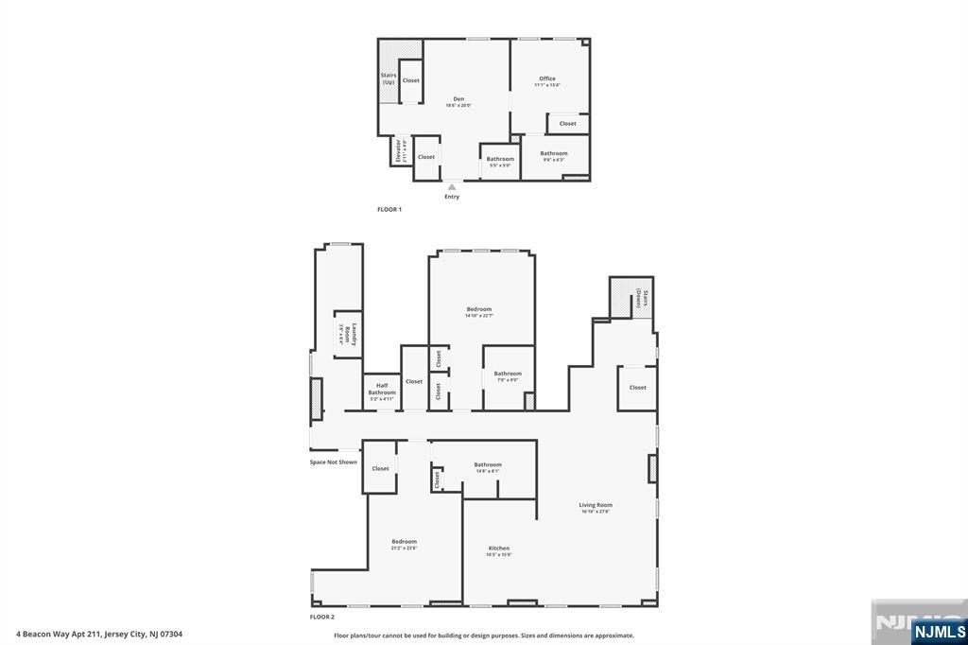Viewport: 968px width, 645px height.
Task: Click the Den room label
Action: pos(458,99)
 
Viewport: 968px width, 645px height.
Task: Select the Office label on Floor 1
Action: pos(547,79)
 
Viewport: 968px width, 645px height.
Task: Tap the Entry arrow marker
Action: pos(452,187)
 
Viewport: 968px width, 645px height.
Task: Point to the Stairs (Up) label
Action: pos(388,78)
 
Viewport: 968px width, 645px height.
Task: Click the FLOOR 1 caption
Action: pos(389,209)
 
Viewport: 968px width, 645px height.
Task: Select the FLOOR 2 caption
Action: pos(322,617)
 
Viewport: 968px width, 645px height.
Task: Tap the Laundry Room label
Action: pos(346,334)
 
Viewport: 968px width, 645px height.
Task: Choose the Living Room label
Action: pos(596,506)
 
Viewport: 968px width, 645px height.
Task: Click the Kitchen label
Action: pos(498,549)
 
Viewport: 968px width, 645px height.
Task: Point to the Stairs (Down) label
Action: pos(639,298)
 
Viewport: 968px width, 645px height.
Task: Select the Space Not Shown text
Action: pos(334,462)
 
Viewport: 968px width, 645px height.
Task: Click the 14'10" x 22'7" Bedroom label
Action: pos(478,310)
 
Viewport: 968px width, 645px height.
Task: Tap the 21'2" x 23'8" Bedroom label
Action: pos(404,543)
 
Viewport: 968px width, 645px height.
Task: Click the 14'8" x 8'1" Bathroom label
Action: pos(488,466)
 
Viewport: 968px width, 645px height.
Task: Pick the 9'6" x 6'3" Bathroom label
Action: pos(554,154)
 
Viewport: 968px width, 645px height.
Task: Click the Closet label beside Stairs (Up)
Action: pos(411,80)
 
